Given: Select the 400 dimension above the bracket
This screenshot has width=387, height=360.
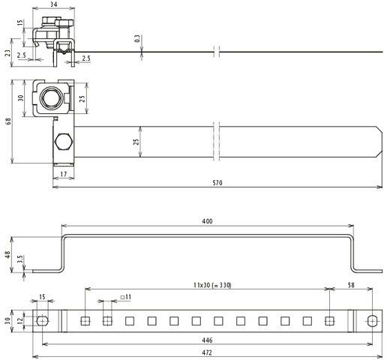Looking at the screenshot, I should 207,221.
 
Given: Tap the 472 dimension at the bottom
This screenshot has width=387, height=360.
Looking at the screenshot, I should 207,349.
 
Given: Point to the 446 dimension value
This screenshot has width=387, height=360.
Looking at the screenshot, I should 207,340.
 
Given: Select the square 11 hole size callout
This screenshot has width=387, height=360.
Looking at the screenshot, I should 126,298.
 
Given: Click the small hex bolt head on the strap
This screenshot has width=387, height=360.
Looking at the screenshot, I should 63,141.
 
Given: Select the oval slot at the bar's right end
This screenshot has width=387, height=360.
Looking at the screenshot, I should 372,321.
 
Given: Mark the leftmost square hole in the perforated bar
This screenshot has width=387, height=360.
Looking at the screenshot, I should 85,321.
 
